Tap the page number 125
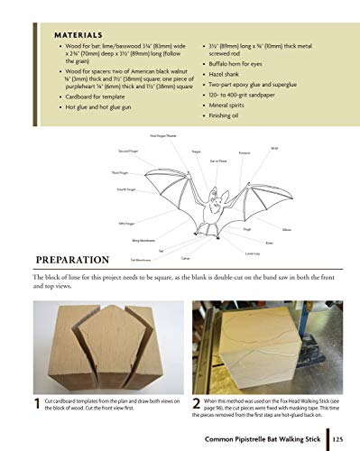coord(337,439)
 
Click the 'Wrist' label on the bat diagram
coord(274,148)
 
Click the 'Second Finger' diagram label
coord(127,150)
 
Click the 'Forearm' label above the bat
coord(245,152)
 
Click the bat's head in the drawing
coord(215,198)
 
